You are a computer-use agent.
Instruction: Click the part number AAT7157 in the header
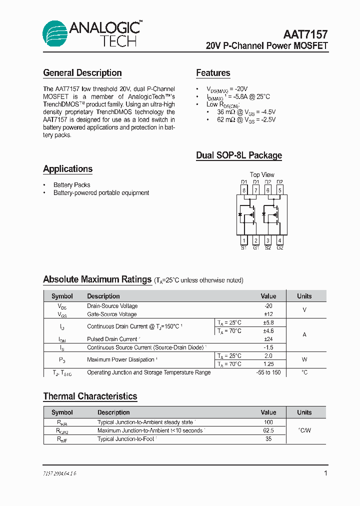point(305,34)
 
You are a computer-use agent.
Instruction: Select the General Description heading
point(82,73)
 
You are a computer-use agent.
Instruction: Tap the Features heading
point(213,73)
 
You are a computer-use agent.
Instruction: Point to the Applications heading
point(68,169)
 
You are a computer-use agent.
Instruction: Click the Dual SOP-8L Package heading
point(239,155)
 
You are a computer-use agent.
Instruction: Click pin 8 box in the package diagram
point(244,190)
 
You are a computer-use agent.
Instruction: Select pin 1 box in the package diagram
point(244,240)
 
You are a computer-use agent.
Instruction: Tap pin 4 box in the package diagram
point(279,240)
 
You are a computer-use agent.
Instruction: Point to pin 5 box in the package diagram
point(279,190)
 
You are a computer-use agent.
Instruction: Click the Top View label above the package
point(262,174)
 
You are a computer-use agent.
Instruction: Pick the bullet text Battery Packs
point(72,185)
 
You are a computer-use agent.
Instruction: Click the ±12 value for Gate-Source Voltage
point(268,314)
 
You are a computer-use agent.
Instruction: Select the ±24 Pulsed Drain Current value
point(268,339)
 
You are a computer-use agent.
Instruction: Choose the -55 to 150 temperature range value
point(268,372)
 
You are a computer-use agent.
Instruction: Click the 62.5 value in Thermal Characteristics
point(268,430)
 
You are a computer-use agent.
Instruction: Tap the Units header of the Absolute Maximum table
point(304,296)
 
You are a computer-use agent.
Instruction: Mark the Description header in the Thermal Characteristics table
point(113,412)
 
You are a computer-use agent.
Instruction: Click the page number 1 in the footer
point(325,473)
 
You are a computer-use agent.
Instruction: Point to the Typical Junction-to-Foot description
point(126,439)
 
